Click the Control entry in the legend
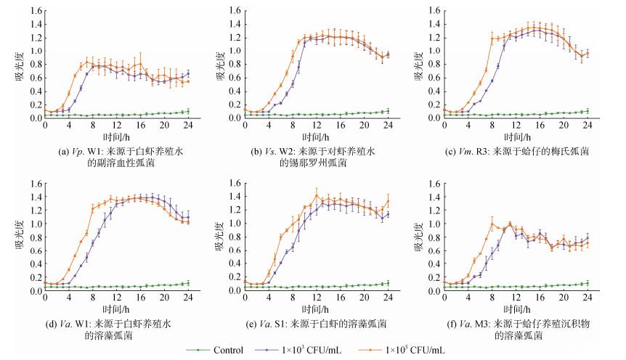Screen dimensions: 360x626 pyautogui.click(x=223, y=351)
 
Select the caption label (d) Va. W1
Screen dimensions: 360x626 pyautogui.click(x=110, y=322)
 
